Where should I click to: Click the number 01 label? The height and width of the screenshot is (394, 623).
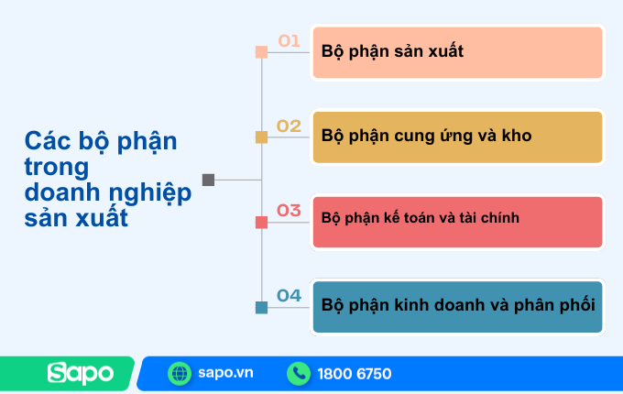(290, 40)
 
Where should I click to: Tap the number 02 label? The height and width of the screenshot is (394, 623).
(290, 126)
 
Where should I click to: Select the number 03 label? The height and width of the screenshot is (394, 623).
(290, 211)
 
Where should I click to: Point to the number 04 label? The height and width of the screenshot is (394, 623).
(290, 295)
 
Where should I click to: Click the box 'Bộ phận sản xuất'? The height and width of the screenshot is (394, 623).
(457, 52)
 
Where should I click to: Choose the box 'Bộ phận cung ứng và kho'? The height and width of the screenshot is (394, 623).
(457, 137)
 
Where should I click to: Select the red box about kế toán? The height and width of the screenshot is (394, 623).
(457, 222)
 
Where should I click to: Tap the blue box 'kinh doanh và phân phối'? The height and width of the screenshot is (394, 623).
(457, 306)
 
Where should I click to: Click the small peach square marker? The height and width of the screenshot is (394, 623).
(261, 52)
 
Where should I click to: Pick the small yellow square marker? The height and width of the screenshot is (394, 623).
(261, 137)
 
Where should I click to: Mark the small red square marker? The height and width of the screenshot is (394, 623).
(261, 222)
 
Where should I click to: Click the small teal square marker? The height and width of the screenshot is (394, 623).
(261, 307)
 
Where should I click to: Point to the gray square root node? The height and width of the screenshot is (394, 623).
(208, 180)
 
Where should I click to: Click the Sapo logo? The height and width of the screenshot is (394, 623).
(81, 374)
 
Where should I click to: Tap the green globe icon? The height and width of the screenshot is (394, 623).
(180, 374)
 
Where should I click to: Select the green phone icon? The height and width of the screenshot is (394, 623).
(298, 374)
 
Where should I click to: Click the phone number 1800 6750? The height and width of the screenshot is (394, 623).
(355, 374)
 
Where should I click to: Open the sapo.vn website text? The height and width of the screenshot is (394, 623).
(224, 374)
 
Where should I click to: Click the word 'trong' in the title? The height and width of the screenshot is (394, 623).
(57, 168)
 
